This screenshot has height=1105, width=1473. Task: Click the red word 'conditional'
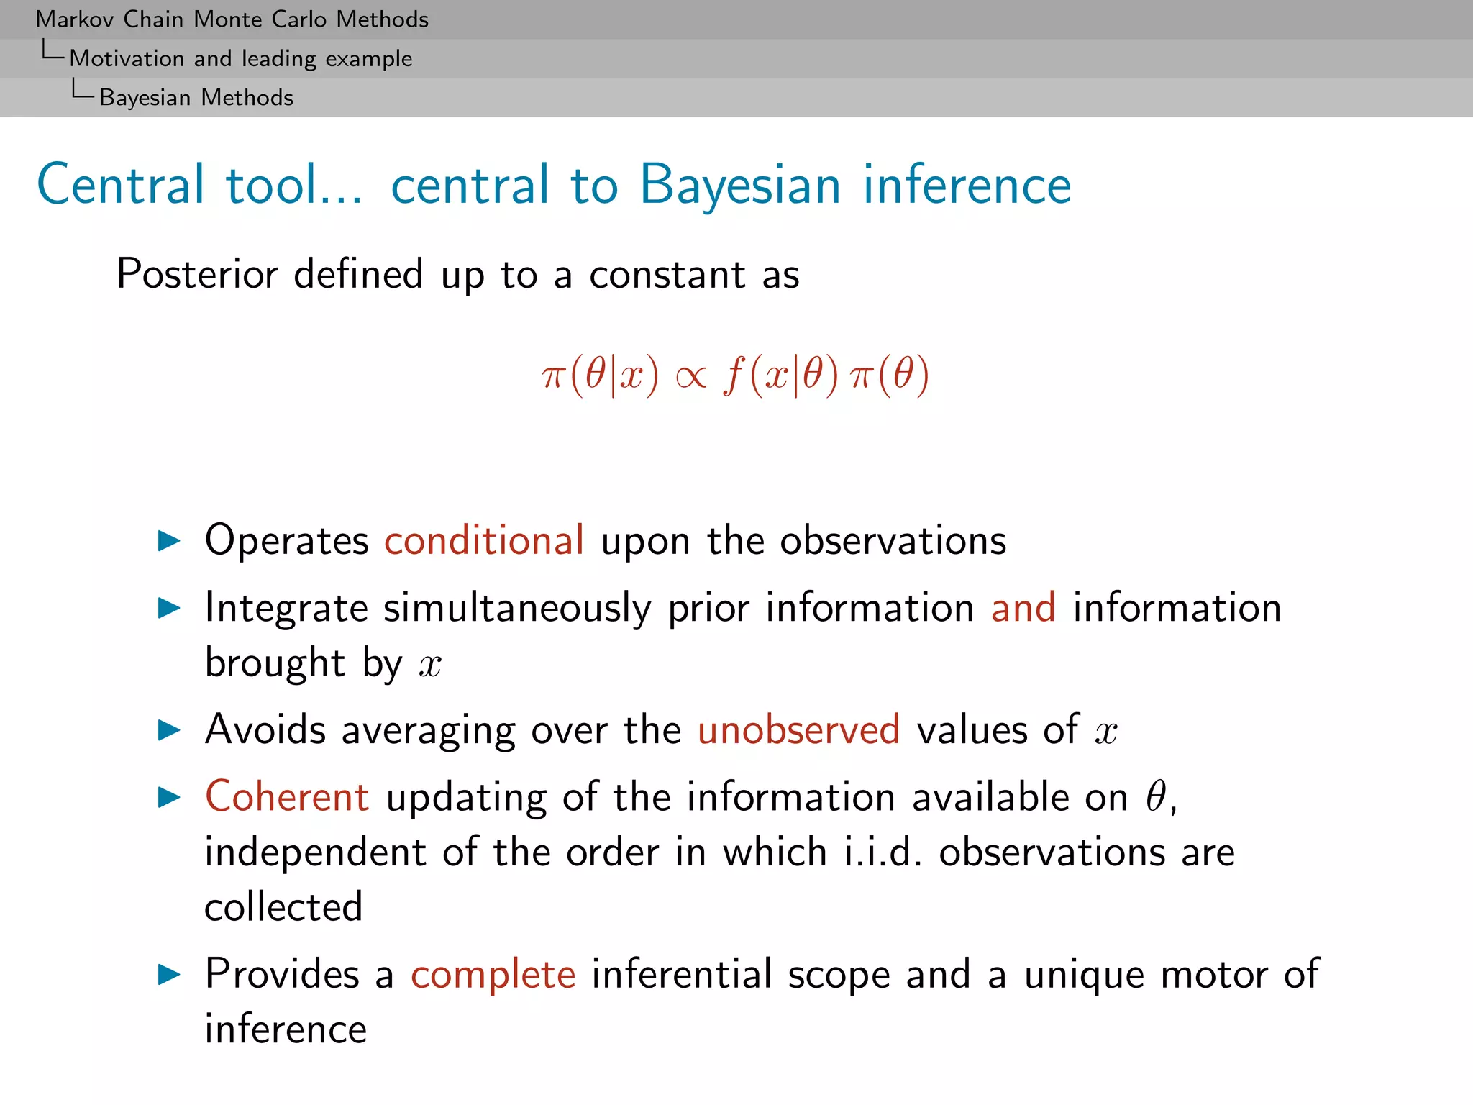point(484,540)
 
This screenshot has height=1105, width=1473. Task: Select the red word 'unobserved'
point(798,729)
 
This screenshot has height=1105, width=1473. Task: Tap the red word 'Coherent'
point(287,797)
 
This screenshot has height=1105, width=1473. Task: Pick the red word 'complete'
point(493,974)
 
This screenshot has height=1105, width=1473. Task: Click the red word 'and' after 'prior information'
point(1023,607)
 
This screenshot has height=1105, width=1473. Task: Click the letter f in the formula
point(734,376)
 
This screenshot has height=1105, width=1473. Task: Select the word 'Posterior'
point(197,274)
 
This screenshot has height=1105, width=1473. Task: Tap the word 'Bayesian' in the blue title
point(740,185)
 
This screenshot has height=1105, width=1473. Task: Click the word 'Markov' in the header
point(75,19)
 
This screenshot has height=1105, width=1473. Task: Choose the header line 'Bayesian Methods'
point(196,98)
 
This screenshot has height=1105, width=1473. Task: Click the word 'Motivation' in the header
point(127,58)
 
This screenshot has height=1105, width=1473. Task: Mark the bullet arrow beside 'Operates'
point(169,541)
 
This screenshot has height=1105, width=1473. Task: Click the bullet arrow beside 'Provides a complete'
point(169,975)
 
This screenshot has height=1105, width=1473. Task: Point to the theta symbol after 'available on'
point(1156,797)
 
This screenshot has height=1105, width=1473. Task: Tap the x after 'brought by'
point(430,665)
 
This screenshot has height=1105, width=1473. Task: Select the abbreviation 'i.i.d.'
point(883,852)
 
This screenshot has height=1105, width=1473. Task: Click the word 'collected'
point(283,906)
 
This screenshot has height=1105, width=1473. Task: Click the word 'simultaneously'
point(517,609)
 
